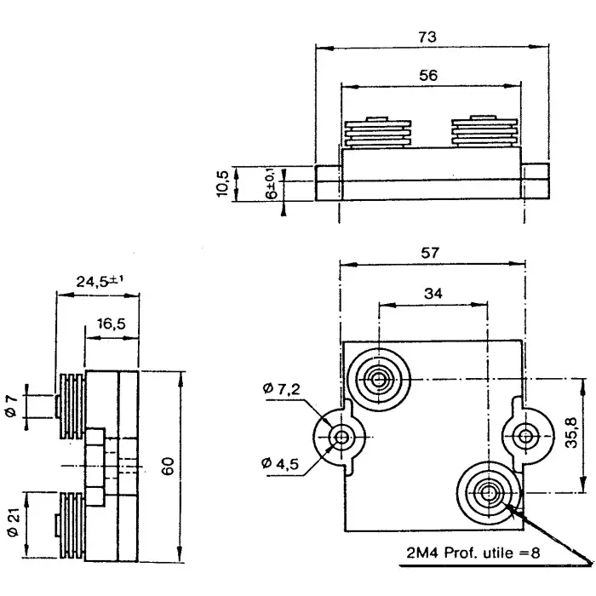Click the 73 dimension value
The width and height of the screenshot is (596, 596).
pyautogui.click(x=427, y=37)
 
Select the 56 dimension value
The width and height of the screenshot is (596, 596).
pyautogui.click(x=428, y=76)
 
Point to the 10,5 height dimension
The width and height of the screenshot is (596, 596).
pyautogui.click(x=223, y=183)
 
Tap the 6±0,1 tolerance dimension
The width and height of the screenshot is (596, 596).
pyautogui.click(x=272, y=182)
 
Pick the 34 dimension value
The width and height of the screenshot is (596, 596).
pyautogui.click(x=433, y=294)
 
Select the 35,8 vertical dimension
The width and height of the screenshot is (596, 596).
pyautogui.click(x=572, y=433)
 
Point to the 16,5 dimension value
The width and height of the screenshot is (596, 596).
pyautogui.click(x=111, y=324)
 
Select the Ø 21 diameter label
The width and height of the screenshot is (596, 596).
pyautogui.click(x=11, y=519)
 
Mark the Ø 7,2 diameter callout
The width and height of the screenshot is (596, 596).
pyautogui.click(x=281, y=390)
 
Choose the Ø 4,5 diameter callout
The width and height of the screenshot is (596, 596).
pyautogui.click(x=281, y=463)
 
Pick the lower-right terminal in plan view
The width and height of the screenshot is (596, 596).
pyautogui.click(x=489, y=490)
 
